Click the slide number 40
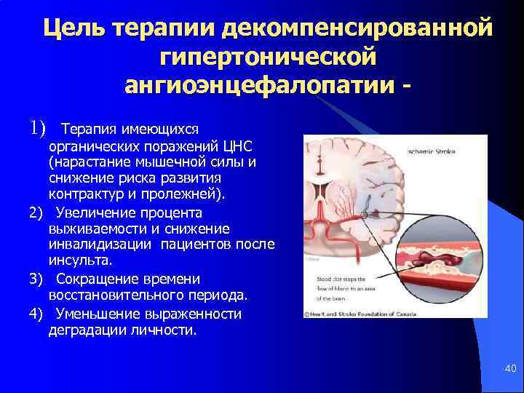(x=509, y=370)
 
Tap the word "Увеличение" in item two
(x=91, y=213)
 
